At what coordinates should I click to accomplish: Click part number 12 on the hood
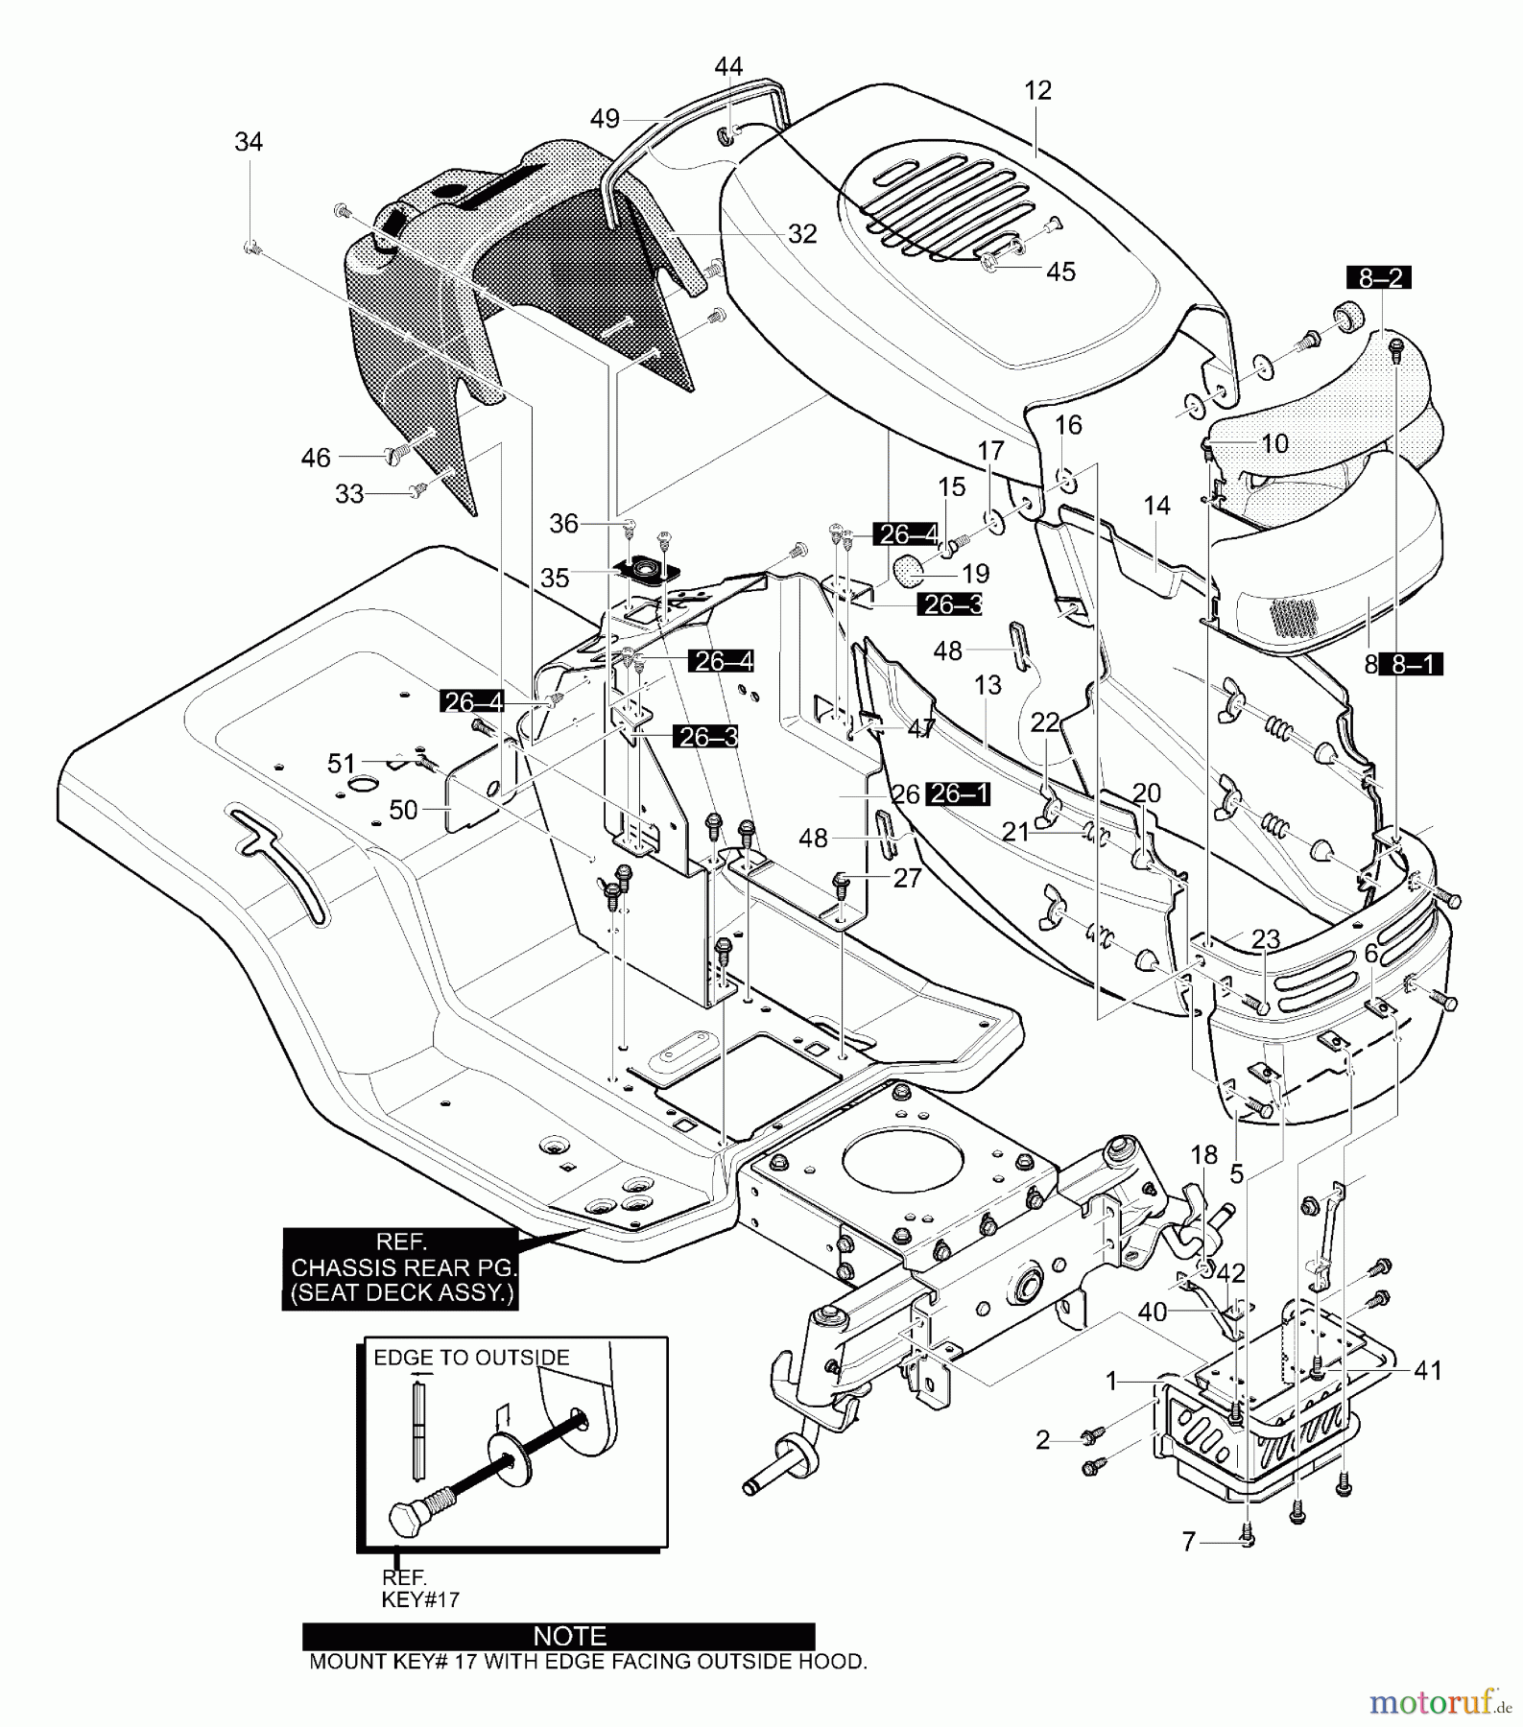(1037, 90)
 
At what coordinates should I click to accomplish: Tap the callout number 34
(249, 142)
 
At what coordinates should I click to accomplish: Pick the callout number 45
(1060, 272)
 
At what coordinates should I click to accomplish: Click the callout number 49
(605, 119)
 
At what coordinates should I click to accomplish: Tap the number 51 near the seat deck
(342, 763)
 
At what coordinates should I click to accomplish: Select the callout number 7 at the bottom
(1189, 1541)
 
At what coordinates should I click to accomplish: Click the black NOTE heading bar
(559, 1635)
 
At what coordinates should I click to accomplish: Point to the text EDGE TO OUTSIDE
(471, 1358)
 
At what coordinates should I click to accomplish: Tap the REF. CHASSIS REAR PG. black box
(400, 1267)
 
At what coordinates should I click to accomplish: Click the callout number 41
(1428, 1371)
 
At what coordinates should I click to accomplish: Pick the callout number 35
(555, 578)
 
